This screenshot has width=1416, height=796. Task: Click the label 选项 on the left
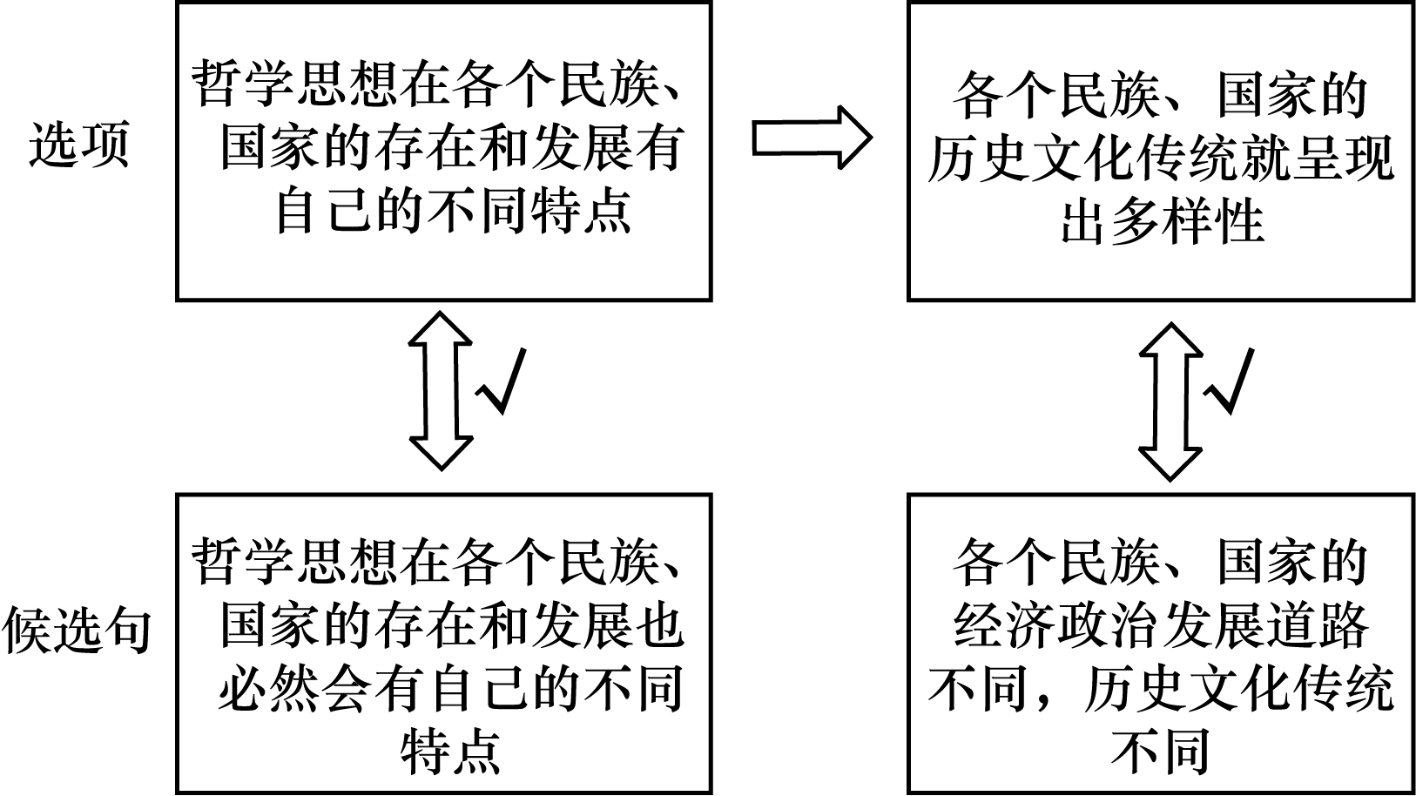click(x=79, y=145)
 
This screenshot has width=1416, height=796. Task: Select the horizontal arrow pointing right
click(x=813, y=138)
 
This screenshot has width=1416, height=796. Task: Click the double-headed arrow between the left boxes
click(x=441, y=391)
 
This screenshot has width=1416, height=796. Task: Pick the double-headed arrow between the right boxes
click(x=1170, y=402)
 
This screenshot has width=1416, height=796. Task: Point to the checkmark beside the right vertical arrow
click(x=1229, y=381)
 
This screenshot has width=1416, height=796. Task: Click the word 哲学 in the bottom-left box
click(x=243, y=562)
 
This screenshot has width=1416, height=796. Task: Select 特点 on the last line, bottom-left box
click(x=451, y=752)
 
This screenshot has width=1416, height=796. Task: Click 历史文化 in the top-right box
click(x=1031, y=158)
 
